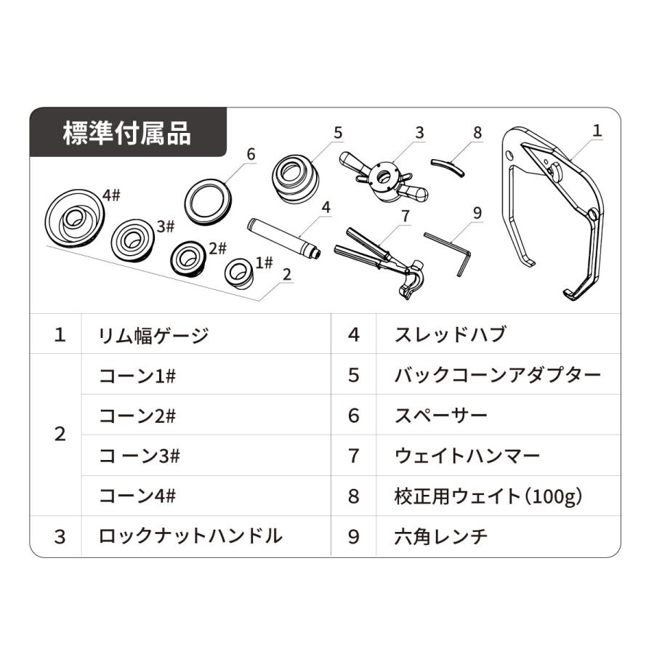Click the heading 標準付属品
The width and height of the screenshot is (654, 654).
pos(127,134)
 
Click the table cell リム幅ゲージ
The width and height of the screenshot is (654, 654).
pos(153,335)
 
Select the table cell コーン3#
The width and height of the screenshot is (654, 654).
pos(140,456)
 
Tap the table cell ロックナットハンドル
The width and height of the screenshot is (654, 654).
pos(190,537)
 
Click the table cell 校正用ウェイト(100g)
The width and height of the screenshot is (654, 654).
pos(488,496)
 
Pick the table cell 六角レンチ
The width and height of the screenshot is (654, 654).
pos(440,537)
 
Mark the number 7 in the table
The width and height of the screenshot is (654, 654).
pos(354,456)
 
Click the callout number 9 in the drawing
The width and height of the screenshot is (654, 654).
pos(477,213)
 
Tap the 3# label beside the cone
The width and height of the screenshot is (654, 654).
pos(165,226)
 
